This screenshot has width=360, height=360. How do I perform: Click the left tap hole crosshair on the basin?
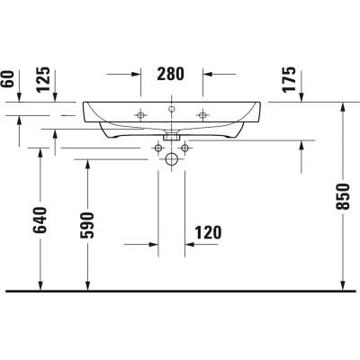click(140, 114)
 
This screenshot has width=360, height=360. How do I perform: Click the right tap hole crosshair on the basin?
click(203, 114)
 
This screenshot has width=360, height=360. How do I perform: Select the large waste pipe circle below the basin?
click(172, 158)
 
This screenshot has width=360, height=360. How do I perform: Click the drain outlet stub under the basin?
click(172, 136)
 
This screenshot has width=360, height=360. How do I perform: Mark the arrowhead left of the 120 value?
click(154, 243)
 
